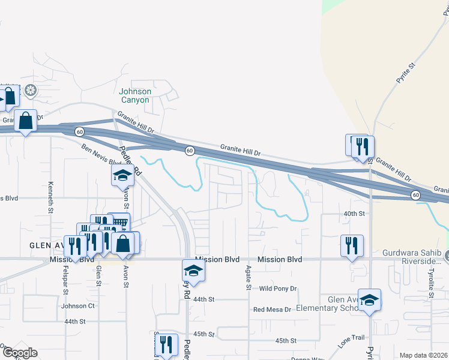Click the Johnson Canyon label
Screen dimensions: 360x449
coord(134,95)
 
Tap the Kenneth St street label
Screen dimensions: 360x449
coord(51,193)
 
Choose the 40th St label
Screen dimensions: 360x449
coord(354,213)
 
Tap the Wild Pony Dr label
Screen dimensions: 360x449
coord(278,289)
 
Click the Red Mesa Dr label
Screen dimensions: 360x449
coord(272,310)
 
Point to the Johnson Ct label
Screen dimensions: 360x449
coord(78,305)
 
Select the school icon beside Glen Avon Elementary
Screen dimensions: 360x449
coord(369,299)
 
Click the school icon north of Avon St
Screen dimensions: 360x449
coord(122,175)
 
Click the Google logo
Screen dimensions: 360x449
coord(19,353)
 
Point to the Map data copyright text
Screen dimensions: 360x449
coord(423,355)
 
